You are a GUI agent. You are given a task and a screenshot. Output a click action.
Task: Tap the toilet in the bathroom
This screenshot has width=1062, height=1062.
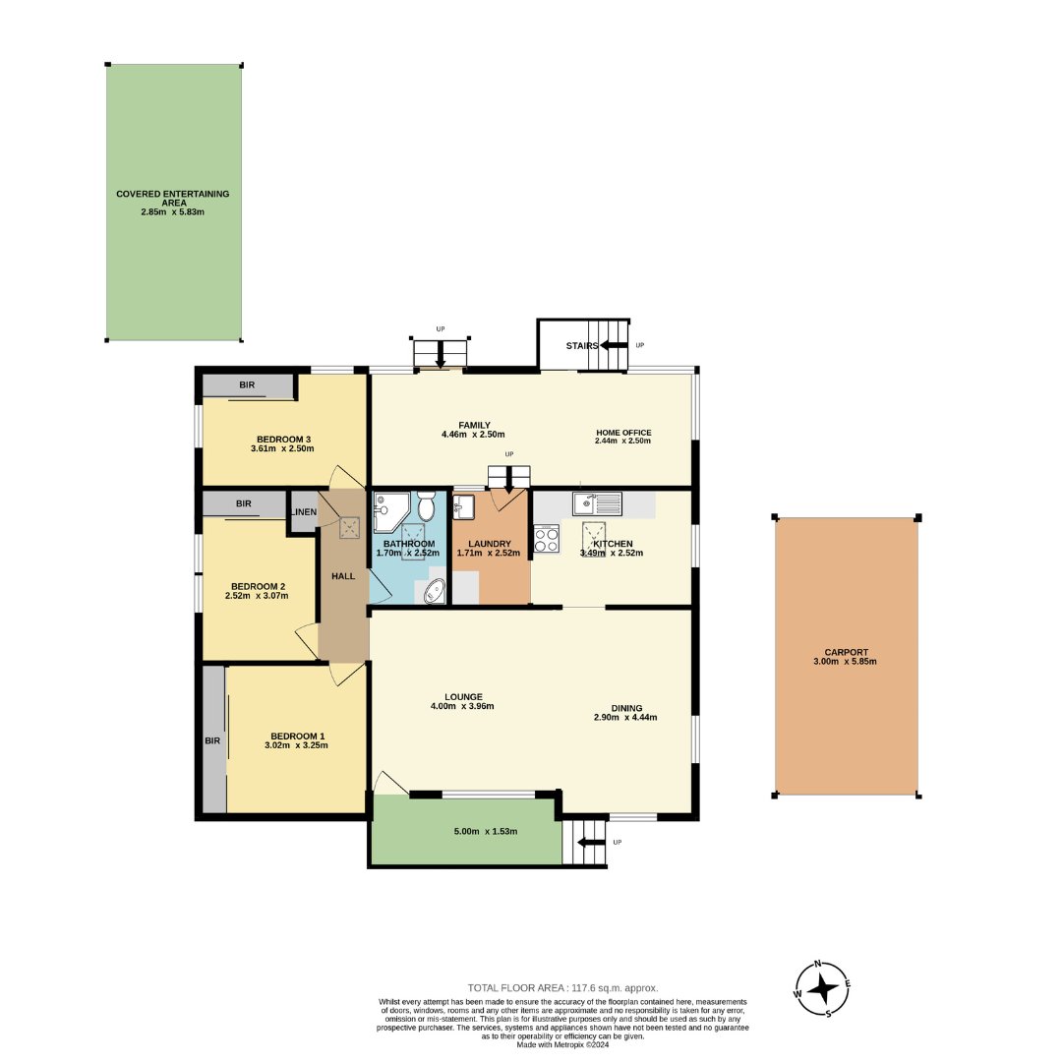click(426, 508)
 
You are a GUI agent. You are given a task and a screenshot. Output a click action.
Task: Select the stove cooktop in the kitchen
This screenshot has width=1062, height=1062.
click(546, 540)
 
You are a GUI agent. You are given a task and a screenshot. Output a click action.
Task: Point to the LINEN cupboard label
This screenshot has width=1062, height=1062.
click(304, 512)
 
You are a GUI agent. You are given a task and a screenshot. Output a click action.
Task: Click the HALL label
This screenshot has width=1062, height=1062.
click(343, 576)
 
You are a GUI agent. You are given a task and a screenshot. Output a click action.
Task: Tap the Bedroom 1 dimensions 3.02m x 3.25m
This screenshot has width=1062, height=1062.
click(295, 745)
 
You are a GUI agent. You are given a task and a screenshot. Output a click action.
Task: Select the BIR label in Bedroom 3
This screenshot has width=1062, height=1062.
click(246, 384)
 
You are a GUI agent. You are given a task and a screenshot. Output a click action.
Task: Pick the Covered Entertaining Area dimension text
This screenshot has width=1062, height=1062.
click(172, 212)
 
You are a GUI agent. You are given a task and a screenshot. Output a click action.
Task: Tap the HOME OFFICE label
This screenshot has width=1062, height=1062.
click(623, 433)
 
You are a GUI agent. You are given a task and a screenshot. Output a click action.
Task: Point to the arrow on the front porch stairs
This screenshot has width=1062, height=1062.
click(590, 842)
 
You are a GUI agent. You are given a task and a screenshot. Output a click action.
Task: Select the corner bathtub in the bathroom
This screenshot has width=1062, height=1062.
click(432, 591)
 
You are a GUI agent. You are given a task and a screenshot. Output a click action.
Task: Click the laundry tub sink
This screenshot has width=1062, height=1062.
click(464, 508)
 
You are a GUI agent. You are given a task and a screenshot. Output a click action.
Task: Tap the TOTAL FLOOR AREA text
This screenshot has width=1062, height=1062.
click(562, 987)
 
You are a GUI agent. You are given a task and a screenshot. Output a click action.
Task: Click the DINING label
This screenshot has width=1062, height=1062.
click(625, 708)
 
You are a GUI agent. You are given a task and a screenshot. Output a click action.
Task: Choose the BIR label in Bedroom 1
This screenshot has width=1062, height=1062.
click(212, 740)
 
